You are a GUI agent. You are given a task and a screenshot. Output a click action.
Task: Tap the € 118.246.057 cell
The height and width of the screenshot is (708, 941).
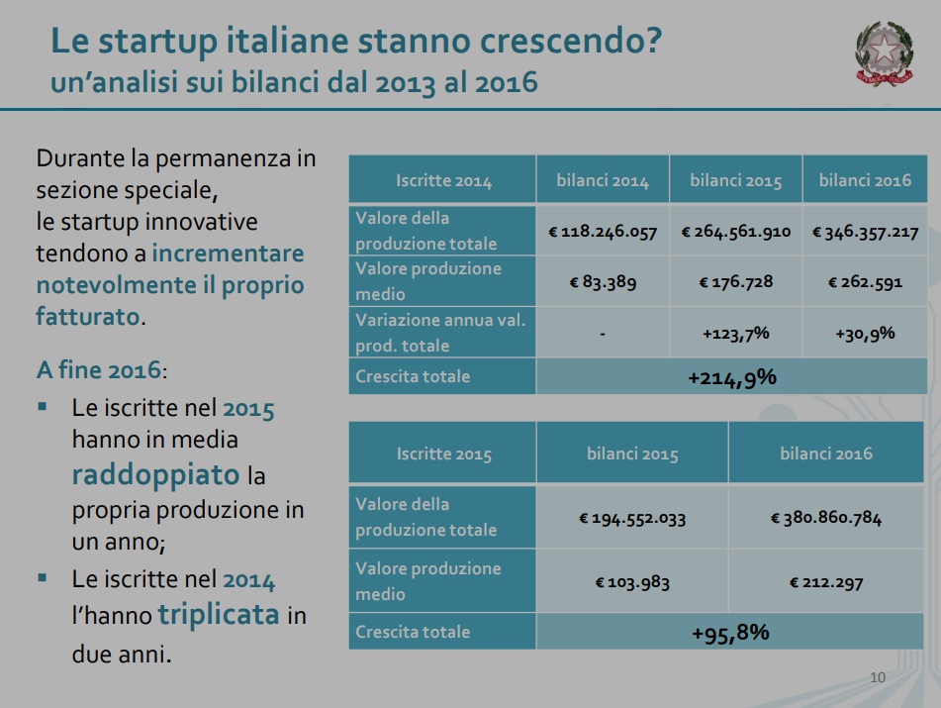603,232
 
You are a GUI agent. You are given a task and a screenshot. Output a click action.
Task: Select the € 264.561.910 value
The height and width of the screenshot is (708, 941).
736,232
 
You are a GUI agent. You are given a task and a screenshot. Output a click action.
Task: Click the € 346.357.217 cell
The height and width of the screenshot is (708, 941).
865,232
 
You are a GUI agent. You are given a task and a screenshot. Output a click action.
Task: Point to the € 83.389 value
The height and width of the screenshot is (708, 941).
603,282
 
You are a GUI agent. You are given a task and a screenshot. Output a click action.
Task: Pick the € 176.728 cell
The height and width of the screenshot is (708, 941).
736,282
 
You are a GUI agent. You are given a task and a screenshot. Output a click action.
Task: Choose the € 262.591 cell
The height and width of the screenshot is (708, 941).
865,282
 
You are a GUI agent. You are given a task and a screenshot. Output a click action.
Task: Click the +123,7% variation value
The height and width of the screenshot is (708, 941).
736,334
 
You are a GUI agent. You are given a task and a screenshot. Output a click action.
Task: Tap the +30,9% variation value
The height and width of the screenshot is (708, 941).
865,334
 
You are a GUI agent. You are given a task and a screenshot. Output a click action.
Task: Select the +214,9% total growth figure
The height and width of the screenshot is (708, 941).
731,377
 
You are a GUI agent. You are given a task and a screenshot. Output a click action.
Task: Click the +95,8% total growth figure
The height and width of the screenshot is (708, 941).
731,633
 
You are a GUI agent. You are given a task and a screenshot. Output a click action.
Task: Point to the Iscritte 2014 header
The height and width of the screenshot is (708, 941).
443,181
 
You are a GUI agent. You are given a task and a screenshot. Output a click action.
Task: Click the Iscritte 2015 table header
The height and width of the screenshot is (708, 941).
443,454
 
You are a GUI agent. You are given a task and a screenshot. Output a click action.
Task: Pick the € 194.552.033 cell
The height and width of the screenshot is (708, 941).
632,518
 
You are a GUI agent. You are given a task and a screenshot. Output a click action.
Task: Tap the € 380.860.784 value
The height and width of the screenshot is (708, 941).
826,518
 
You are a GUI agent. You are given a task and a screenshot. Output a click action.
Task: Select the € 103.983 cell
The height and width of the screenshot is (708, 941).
632,582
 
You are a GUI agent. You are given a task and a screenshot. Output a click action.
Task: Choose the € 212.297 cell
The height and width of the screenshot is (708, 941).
826,582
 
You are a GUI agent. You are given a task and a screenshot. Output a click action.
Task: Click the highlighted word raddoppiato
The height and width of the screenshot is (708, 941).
155,474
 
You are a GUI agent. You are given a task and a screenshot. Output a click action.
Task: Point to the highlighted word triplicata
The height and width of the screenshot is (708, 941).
218,615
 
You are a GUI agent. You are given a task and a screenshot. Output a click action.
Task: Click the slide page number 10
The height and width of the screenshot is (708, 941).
877,678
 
